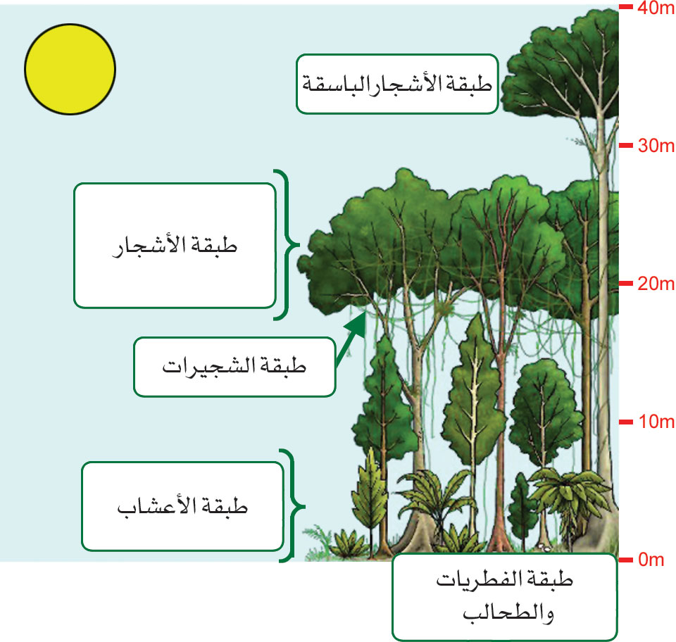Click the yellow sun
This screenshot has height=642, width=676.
[x=70, y=69]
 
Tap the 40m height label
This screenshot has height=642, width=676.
[x=656, y=8]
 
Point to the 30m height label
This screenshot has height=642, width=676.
[x=656, y=146]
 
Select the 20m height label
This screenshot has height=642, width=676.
[x=656, y=284]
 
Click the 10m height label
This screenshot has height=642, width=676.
[x=656, y=422]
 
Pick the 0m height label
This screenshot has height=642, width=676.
[x=651, y=560]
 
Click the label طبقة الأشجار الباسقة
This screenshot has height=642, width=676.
[x=397, y=84]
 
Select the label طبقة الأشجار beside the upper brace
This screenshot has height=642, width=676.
[x=175, y=246]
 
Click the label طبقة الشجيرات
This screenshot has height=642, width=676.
[x=234, y=367]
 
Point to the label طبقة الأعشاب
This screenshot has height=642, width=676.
[x=182, y=506]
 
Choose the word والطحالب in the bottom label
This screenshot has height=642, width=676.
[x=508, y=614]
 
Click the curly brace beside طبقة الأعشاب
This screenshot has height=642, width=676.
[x=293, y=506]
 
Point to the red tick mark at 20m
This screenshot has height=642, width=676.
[x=626, y=284]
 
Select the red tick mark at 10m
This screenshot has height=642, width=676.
[x=626, y=422]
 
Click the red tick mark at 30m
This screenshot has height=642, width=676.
[x=626, y=146]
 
